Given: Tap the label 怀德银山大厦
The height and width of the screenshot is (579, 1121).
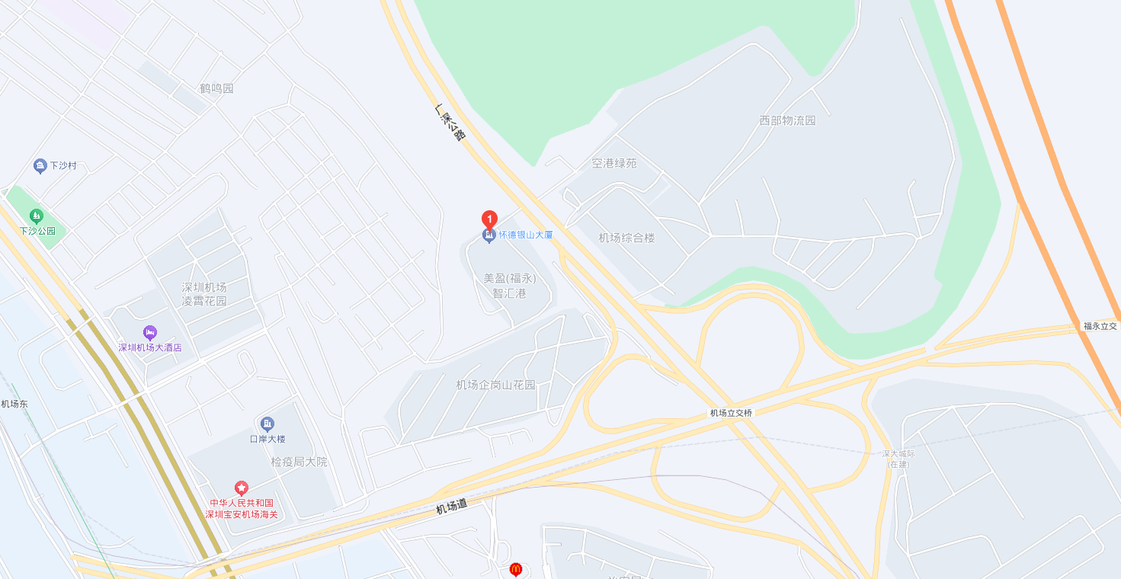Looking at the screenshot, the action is click(x=526, y=235).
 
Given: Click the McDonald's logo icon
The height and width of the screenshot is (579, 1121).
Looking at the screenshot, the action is click(x=516, y=569).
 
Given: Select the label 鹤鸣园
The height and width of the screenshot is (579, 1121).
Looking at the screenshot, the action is click(x=216, y=88).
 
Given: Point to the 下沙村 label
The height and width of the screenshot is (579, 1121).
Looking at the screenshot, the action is click(x=63, y=166).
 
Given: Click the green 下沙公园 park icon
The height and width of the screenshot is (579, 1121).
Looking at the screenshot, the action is click(x=36, y=216).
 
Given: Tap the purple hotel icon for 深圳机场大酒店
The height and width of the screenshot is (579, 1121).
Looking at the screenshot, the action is click(x=150, y=332).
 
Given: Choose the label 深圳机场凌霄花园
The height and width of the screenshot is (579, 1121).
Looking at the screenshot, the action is click(x=204, y=294).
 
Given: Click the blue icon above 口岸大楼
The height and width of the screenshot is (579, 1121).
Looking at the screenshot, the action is click(x=267, y=424).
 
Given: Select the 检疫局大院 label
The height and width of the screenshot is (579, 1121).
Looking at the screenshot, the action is click(x=299, y=462).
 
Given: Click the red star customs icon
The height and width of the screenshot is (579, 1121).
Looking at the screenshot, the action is click(x=242, y=488).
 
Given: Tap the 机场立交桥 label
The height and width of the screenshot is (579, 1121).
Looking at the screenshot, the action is click(x=731, y=413).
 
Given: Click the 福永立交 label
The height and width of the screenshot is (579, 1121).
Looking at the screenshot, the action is click(x=1100, y=326).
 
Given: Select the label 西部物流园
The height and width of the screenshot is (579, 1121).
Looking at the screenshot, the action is click(x=787, y=120).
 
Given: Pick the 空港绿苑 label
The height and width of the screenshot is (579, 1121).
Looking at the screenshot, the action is click(x=614, y=163).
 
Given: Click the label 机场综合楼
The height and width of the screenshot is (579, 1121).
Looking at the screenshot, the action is click(x=626, y=238).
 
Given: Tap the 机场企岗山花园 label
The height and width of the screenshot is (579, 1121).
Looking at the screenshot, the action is click(x=495, y=385).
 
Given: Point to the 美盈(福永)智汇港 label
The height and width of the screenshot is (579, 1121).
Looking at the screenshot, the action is click(x=510, y=286).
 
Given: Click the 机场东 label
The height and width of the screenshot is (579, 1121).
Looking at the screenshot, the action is click(x=14, y=404).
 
